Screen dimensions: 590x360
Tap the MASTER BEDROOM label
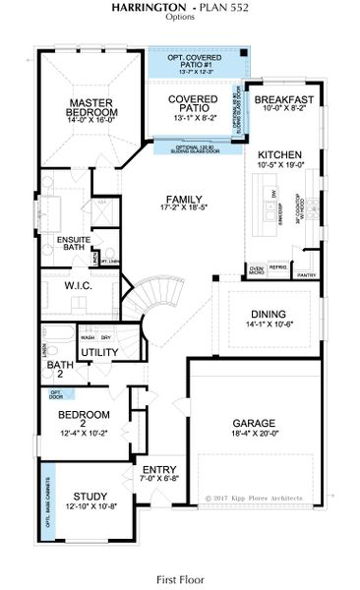tap(92, 107)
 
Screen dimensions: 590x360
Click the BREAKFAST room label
tap(283, 100)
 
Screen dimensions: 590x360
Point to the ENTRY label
tap(158, 469)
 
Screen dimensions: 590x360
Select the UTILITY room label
tap(99, 351)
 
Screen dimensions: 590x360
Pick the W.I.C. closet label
tap(78, 287)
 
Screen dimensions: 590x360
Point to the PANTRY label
tap(308, 276)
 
